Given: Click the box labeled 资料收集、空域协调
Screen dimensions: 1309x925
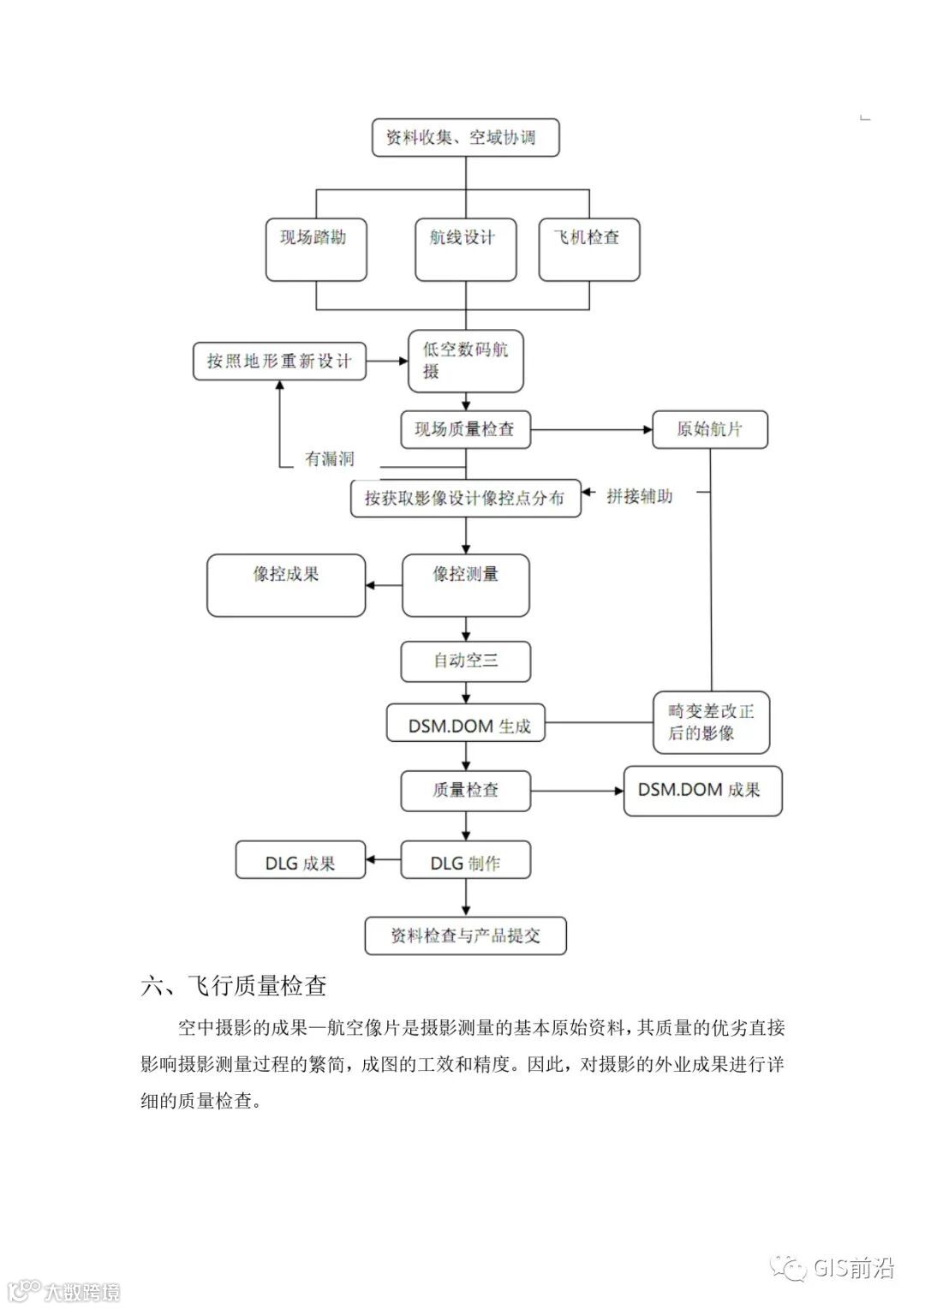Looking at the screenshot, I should click(x=465, y=138).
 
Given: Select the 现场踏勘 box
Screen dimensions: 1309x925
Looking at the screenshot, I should click(x=316, y=249).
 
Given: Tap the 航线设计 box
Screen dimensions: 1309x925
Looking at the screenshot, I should click(x=465, y=249).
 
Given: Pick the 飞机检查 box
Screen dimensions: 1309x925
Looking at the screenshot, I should click(x=589, y=249).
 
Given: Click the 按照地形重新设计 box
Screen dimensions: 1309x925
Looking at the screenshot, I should click(x=279, y=362).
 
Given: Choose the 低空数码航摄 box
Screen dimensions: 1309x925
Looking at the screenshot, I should click(x=465, y=362).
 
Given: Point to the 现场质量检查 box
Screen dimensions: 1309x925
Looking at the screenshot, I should click(x=465, y=429).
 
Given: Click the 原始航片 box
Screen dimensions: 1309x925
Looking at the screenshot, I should click(x=709, y=429).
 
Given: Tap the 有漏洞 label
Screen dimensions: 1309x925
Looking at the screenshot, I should click(x=330, y=459).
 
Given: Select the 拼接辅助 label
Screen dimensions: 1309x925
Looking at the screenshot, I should click(x=640, y=496).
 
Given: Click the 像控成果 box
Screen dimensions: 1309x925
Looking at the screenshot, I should click(x=286, y=585).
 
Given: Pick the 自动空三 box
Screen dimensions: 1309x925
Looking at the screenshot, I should click(x=465, y=661).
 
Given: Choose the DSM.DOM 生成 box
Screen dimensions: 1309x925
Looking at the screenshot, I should click(x=465, y=726).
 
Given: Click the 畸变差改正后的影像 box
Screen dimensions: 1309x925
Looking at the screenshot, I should click(x=711, y=722).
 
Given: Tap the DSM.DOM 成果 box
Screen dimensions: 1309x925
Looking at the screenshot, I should click(x=702, y=790).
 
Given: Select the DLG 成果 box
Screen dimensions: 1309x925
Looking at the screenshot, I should click(x=301, y=863).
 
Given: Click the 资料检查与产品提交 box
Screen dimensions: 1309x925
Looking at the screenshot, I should click(x=465, y=935).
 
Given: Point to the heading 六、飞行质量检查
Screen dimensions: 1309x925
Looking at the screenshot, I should click(x=234, y=986).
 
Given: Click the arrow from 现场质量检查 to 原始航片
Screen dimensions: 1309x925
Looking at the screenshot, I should click(x=591, y=429).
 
